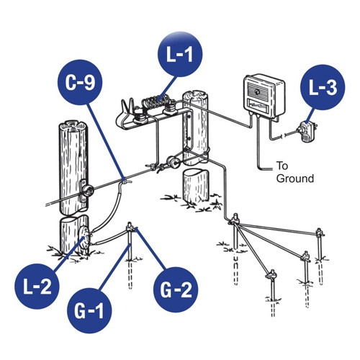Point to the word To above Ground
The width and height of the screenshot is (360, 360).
(x=283, y=166)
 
